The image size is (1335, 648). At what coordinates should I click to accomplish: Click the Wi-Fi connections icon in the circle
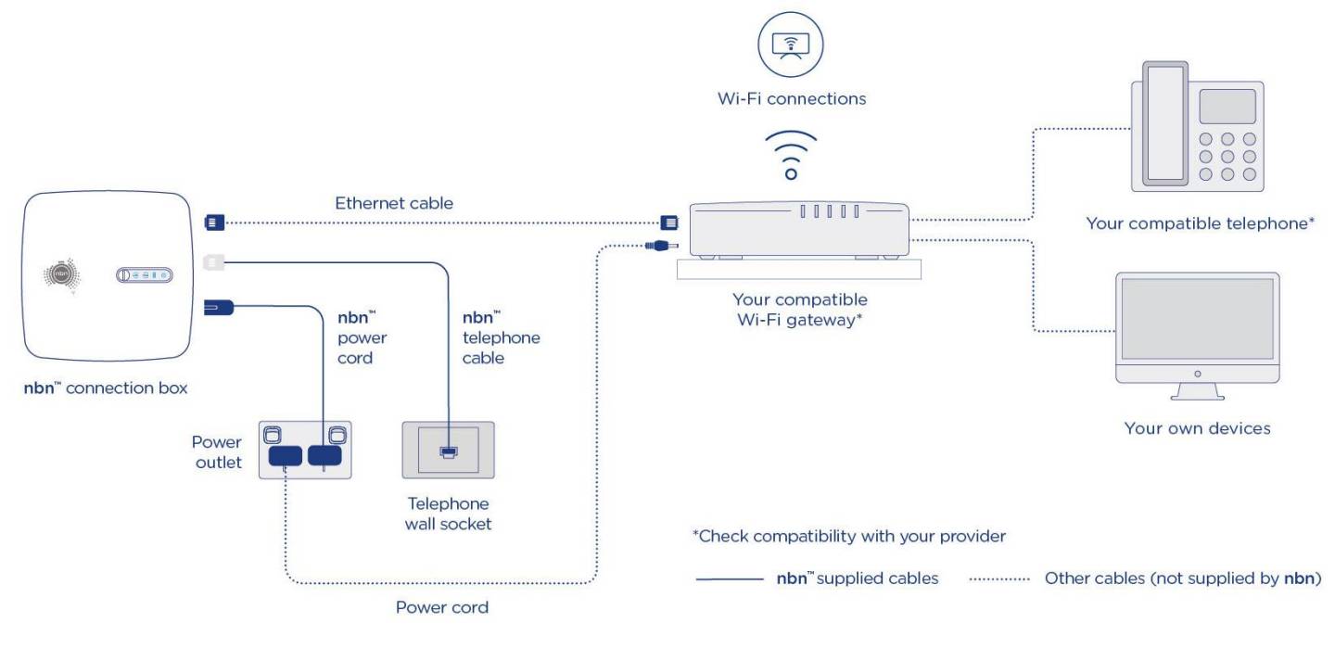(790, 44)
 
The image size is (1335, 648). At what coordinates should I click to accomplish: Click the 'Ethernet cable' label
(394, 203)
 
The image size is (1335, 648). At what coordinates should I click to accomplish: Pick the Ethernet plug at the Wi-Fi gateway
(669, 222)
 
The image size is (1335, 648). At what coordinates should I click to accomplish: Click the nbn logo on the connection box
(62, 274)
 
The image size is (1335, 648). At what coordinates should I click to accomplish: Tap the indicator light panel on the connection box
(145, 274)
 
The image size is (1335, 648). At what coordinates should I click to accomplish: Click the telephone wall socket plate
(448, 451)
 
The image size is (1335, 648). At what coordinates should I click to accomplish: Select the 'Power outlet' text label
(217, 451)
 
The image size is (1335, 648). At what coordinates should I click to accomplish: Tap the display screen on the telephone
(1227, 107)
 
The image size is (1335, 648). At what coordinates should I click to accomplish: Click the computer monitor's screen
(1197, 319)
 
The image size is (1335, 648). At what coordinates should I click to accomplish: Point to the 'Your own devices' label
(1197, 428)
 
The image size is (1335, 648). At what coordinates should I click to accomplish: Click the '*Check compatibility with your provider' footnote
(848, 537)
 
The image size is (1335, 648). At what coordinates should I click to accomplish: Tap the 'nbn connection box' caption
(105, 388)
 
